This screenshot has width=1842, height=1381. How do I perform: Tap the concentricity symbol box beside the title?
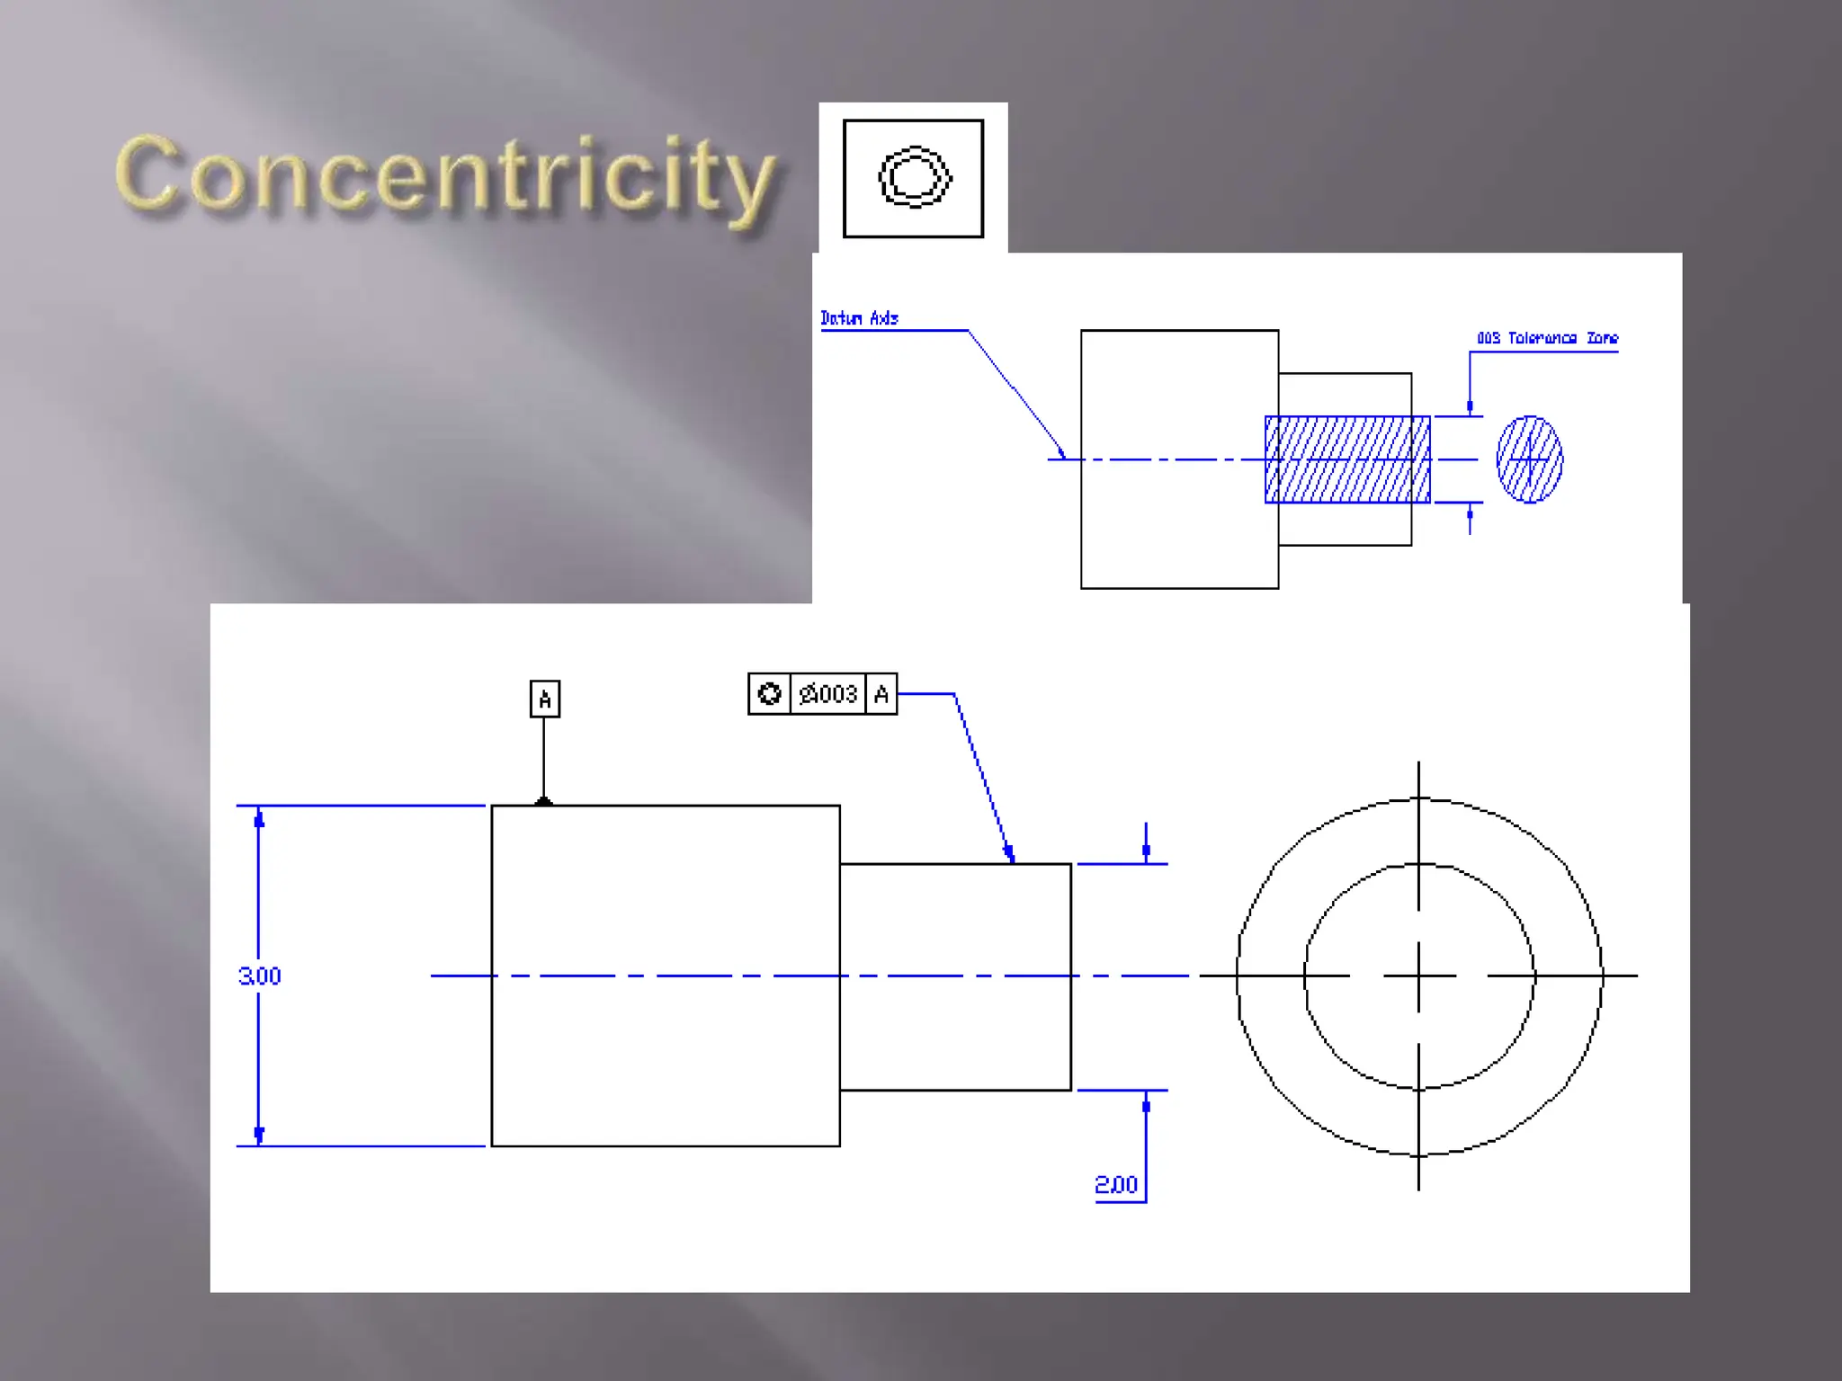913,178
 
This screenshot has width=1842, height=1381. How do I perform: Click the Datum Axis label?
859,318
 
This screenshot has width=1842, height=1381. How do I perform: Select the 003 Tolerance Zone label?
1547,338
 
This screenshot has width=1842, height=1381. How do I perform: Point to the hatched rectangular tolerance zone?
1346,459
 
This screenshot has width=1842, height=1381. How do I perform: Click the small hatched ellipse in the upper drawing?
1529,459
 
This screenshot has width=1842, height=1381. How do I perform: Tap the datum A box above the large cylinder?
544,699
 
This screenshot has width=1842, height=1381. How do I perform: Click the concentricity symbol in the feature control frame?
769,694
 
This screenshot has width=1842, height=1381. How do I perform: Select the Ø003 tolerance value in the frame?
828,694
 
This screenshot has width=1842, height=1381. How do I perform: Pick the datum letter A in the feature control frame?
881,694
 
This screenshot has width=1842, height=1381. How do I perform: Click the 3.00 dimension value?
259,976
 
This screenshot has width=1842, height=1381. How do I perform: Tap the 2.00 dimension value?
1116,1185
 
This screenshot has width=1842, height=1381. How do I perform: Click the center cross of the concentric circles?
1418,976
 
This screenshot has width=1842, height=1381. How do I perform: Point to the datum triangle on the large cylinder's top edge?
543,800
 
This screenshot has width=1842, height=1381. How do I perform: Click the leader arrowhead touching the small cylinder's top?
1009,853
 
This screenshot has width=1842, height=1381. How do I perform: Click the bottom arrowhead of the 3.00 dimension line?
259,1135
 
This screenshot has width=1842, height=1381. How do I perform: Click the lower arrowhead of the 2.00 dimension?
1146,1103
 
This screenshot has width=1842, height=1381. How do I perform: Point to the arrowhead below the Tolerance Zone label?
1470,407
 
